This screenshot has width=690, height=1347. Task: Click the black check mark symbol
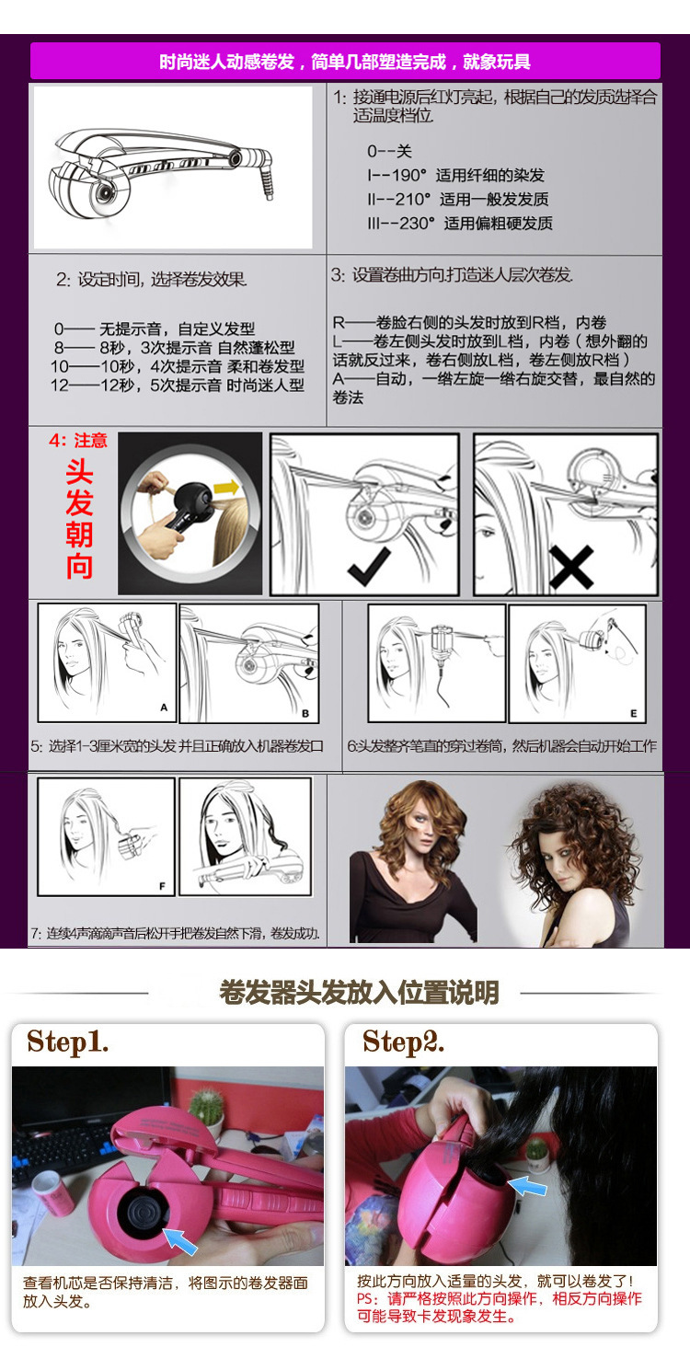click(x=368, y=567)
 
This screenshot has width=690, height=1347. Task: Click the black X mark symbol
click(x=571, y=567)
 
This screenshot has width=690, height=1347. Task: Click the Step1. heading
click(x=68, y=1042)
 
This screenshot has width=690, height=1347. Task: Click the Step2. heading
click(x=403, y=1042)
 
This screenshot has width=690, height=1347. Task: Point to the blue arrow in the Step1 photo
click(x=180, y=1240)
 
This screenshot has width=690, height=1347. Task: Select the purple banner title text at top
click(x=345, y=62)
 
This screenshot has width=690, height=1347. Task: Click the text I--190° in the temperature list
click(x=397, y=175)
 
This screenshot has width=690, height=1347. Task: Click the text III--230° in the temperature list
click(x=401, y=223)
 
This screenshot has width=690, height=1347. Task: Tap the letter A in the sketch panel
click(x=164, y=708)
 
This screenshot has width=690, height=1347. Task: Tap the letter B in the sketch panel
click(x=305, y=714)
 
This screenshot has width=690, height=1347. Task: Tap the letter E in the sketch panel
click(x=633, y=713)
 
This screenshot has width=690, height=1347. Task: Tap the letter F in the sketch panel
click(x=162, y=886)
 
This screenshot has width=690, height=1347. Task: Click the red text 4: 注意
click(x=78, y=440)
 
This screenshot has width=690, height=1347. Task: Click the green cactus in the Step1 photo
click(x=206, y=1107)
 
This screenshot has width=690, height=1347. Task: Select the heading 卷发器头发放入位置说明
click(x=359, y=993)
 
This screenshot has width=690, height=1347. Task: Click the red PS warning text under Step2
click(x=500, y=1308)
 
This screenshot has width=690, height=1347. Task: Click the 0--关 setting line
click(x=389, y=151)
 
